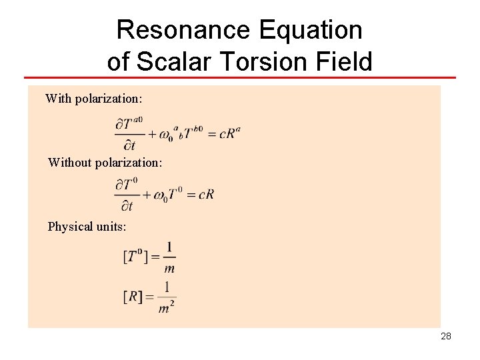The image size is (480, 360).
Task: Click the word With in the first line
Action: (x=58, y=99)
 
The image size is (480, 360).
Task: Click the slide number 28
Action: (x=446, y=336)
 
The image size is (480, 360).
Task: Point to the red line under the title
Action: (x=240, y=78)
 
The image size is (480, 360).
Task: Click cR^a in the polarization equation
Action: (x=229, y=133)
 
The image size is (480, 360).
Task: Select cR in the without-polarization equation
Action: (x=206, y=195)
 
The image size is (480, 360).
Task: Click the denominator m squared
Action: (x=167, y=308)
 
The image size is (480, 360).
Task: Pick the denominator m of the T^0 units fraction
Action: (x=169, y=269)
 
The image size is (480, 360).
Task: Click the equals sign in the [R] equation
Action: (x=149, y=297)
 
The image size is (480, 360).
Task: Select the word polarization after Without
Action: (x=131, y=162)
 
